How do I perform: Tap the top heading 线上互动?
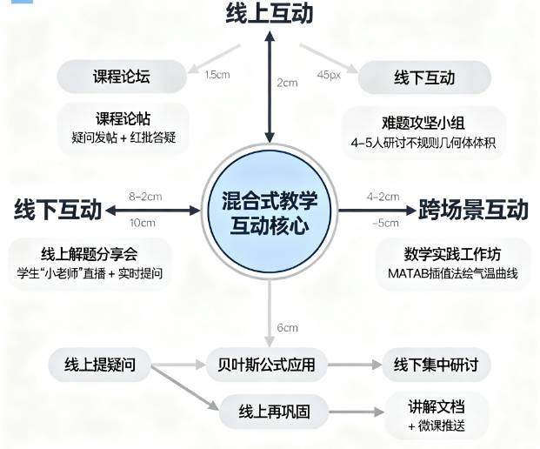270,15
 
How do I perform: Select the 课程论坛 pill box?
121,77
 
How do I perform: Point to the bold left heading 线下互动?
58,210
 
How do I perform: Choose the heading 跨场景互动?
473,210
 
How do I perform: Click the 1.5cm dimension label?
217,75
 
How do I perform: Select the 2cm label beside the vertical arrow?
287,84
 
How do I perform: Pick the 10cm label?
141,224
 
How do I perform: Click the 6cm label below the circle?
288,327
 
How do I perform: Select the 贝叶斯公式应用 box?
266,364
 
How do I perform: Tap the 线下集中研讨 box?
442,364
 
